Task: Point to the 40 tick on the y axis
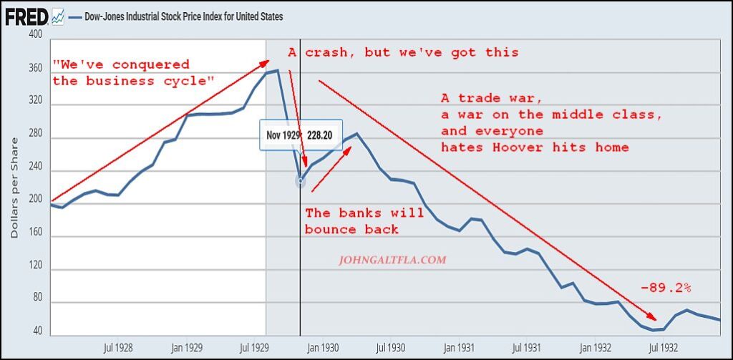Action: tap(37, 332)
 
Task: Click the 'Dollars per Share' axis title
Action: tap(15, 187)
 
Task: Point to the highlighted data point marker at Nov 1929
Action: tap(300, 181)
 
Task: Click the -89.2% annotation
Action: tap(666, 288)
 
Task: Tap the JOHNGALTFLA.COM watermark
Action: tap(392, 260)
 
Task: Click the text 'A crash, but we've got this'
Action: tap(403, 52)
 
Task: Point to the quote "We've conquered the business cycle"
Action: tap(132, 73)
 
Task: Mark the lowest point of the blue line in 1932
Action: tap(654, 331)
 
